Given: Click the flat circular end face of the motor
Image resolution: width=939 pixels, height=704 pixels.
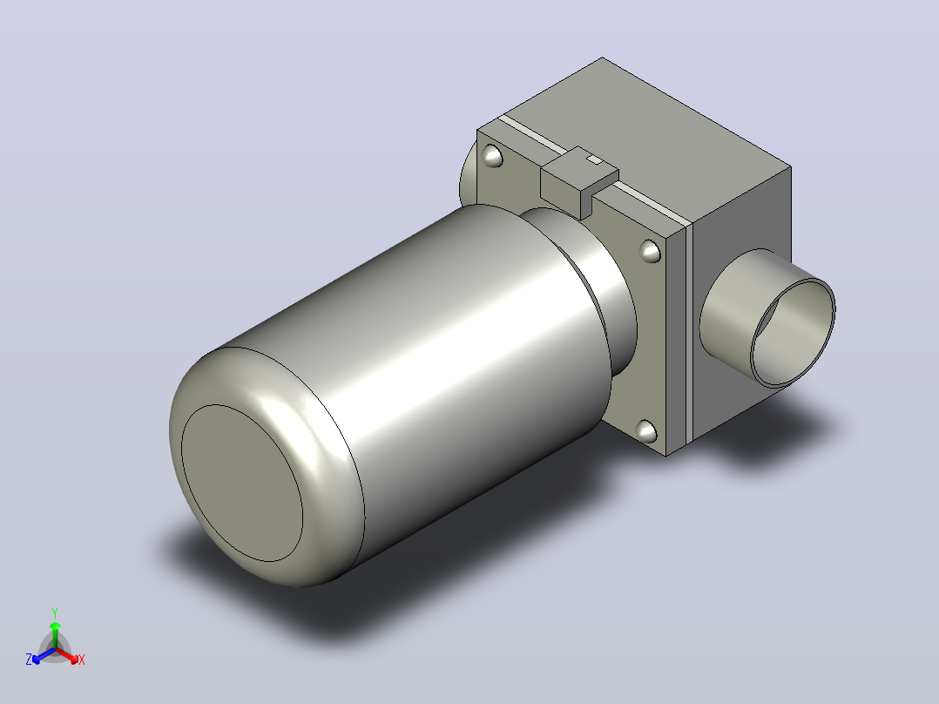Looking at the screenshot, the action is coord(242,483).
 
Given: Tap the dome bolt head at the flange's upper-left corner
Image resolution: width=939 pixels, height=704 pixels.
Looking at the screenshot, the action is coord(491,156).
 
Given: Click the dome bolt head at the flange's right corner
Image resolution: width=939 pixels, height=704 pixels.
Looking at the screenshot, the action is coord(650,251).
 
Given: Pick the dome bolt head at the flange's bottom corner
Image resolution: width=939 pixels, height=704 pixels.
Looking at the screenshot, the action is coord(645,431).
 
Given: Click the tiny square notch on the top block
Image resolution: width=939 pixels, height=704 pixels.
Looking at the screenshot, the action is coord(593,159).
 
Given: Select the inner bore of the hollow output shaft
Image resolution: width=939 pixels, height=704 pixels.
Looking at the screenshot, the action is coord(793,333).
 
